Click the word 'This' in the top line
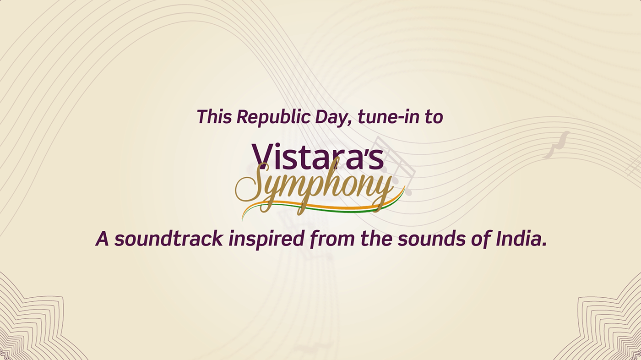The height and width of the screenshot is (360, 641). (214, 117)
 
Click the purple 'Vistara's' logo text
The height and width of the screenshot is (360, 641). (318, 156)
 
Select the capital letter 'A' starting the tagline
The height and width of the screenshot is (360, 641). (102, 239)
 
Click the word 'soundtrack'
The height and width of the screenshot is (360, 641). (168, 239)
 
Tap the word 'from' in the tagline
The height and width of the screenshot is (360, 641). (332, 240)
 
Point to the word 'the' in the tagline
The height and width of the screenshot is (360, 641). (376, 239)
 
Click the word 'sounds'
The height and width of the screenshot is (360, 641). (431, 239)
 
